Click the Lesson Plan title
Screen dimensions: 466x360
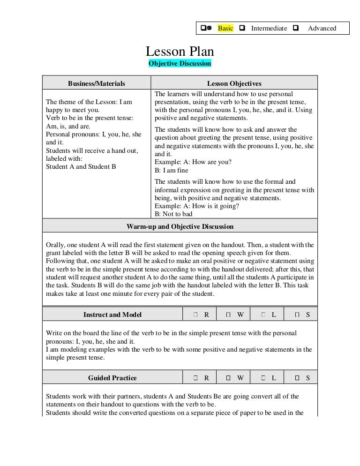click(180, 52)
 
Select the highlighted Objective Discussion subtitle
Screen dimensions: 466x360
click(180, 63)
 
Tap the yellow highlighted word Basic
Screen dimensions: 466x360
click(225, 28)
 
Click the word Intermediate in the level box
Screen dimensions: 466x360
click(269, 28)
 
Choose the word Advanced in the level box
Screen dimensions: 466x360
click(322, 28)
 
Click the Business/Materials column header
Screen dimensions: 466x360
click(97, 83)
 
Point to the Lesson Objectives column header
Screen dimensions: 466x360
click(234, 83)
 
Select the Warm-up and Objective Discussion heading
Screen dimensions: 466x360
click(180, 226)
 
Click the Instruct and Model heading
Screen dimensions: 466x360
click(112, 315)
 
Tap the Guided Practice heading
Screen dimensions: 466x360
click(112, 377)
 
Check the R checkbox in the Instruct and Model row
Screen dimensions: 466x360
click(195, 315)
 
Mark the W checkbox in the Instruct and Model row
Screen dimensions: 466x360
click(228, 315)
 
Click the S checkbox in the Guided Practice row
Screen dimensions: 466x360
click(297, 378)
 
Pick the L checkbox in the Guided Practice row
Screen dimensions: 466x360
click(263, 378)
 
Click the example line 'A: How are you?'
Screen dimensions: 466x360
click(193, 162)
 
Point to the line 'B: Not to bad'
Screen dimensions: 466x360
click(173, 214)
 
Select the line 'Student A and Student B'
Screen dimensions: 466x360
click(81, 166)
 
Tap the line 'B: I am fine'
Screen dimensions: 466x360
click(171, 170)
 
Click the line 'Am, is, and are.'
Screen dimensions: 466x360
click(68, 126)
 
